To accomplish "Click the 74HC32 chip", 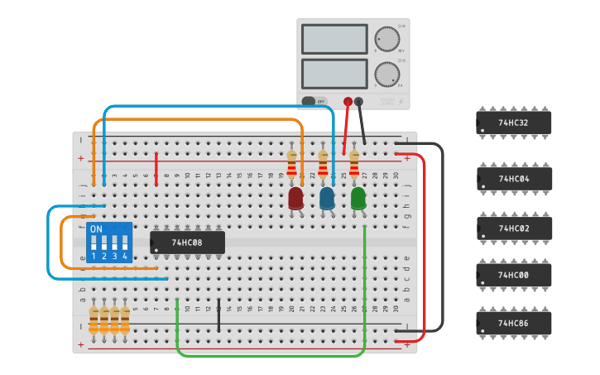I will click(x=513, y=123).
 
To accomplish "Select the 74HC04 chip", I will click(x=513, y=179).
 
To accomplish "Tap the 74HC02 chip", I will click(x=513, y=228).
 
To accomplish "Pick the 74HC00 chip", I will click(x=513, y=275).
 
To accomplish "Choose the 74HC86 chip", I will click(x=513, y=323).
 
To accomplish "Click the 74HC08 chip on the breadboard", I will click(x=187, y=243).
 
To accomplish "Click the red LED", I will click(x=295, y=198).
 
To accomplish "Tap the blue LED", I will click(x=327, y=198).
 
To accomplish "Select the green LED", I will click(x=358, y=198).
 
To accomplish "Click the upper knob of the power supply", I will click(x=386, y=38).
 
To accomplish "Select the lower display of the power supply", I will click(x=334, y=74).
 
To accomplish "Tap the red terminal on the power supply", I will click(x=348, y=102).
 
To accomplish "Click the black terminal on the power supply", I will click(x=358, y=102).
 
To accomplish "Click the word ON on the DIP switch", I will click(x=96, y=228).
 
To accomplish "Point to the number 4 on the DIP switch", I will click(x=125, y=257).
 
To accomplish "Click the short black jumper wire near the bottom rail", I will click(x=218, y=317).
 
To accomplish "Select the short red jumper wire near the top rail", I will click(x=156, y=164).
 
